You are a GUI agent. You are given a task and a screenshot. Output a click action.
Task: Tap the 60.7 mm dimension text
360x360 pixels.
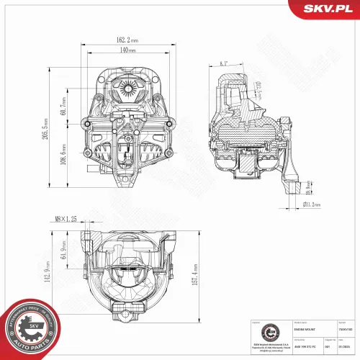(x=63, y=107)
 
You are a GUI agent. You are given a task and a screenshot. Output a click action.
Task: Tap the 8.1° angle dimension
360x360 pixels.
(x=225, y=64)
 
